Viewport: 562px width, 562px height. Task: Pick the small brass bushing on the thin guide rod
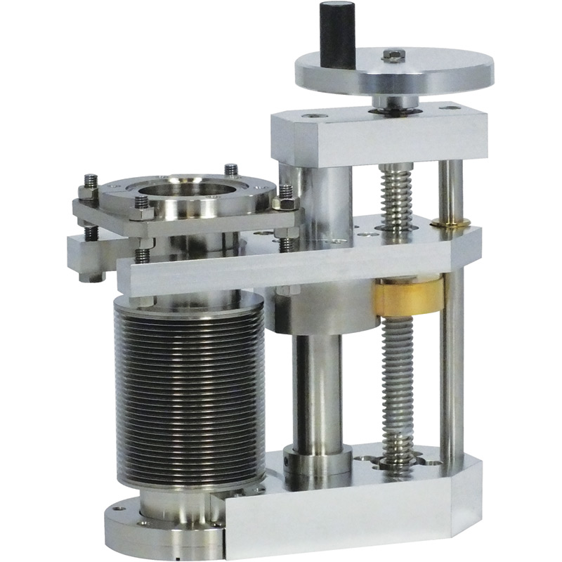coord(447,223)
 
